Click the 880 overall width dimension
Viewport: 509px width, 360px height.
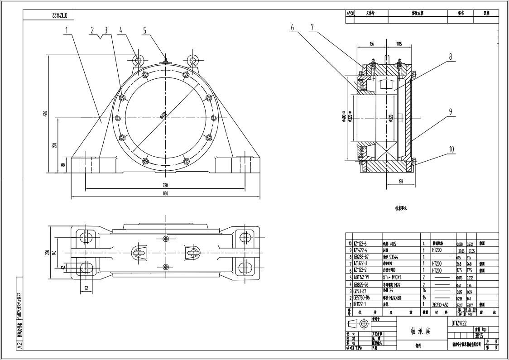pyautogui.click(x=165, y=194)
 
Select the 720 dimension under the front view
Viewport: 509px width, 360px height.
pyautogui.click(x=165, y=185)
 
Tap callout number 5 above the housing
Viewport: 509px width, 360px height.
pyautogui.click(x=145, y=30)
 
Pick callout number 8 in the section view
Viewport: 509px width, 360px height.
pyautogui.click(x=451, y=57)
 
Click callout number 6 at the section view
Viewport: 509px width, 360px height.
pyautogui.click(x=293, y=28)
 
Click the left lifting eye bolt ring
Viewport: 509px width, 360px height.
pyautogui.click(x=138, y=59)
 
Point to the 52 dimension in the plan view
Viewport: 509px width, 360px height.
pyautogui.click(x=86, y=288)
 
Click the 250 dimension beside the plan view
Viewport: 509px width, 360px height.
pyautogui.click(x=47, y=252)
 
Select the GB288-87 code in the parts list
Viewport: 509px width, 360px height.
pyautogui.click(x=362, y=256)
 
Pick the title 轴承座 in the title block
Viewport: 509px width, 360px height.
pyautogui.click(x=421, y=331)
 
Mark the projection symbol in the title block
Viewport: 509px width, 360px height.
pyautogui.click(x=358, y=324)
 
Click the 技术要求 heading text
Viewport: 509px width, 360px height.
pyautogui.click(x=401, y=208)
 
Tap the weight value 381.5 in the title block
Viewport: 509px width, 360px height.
pyautogui.click(x=479, y=336)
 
